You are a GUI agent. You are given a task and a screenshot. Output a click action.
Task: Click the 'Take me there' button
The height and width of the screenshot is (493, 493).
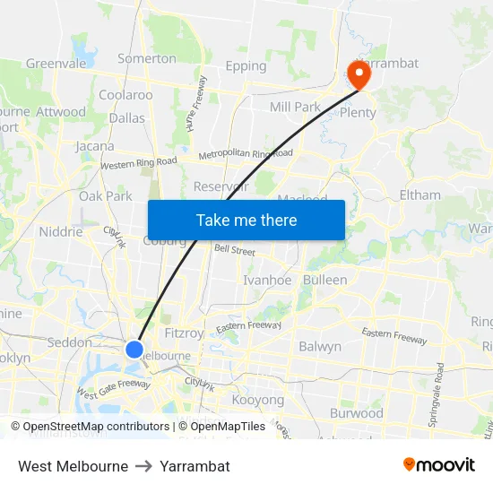coord(246,220)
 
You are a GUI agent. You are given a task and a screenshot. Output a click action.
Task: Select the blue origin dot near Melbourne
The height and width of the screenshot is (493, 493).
coord(134,349)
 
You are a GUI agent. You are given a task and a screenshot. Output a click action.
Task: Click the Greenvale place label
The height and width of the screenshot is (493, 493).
coord(55,64)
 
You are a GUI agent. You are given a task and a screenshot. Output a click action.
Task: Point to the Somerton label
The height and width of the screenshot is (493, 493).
coord(147,58)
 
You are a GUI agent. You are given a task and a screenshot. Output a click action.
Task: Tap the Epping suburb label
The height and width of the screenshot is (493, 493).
coord(246,65)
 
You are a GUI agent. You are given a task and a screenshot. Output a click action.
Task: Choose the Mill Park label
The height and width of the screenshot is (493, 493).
coord(295,107)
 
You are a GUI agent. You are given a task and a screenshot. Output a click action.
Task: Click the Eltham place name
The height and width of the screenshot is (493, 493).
coord(420,195)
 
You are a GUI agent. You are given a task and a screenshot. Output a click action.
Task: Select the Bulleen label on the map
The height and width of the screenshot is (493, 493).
coord(324,280)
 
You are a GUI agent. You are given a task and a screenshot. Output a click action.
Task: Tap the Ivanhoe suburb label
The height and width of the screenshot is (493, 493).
coord(267,280)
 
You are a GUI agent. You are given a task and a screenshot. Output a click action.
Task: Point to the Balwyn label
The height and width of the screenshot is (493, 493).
coord(320,346)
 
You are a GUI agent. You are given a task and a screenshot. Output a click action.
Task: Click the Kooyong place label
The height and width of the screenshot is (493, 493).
coord(257,400)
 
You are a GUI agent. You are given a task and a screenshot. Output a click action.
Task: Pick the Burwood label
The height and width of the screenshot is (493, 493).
coord(356,413)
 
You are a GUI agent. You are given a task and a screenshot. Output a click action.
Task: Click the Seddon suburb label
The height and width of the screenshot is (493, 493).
coord(69,342)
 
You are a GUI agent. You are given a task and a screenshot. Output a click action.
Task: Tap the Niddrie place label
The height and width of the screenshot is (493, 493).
coord(61,231)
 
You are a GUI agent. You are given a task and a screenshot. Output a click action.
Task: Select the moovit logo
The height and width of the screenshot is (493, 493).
coord(439,465)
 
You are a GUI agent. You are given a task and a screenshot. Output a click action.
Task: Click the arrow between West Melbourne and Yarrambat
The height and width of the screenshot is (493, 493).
coord(144,466)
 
